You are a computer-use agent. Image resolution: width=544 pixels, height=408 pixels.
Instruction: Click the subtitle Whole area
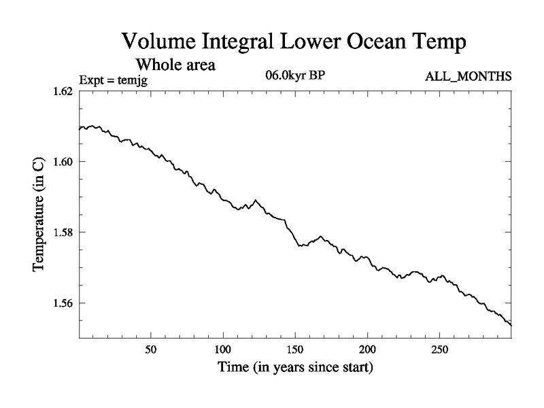[x=176, y=65]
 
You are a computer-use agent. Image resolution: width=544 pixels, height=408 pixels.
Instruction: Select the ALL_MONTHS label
[x=469, y=76]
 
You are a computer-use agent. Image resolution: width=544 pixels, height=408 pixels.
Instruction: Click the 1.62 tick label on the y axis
[x=63, y=91]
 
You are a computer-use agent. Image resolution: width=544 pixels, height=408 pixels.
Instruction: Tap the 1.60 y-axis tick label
[x=63, y=162]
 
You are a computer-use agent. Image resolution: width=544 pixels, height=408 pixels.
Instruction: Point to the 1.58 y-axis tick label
[x=63, y=233]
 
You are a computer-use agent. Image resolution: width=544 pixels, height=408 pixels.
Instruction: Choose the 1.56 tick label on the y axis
[x=63, y=303]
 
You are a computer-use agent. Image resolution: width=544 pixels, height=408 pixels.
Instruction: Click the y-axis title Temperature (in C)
[x=39, y=214]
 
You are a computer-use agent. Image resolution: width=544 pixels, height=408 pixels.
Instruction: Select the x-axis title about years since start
[x=295, y=369]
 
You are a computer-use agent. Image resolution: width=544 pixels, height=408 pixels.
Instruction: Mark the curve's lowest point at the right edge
[x=511, y=325]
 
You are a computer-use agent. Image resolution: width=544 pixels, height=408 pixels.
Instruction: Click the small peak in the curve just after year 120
[x=255, y=200]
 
